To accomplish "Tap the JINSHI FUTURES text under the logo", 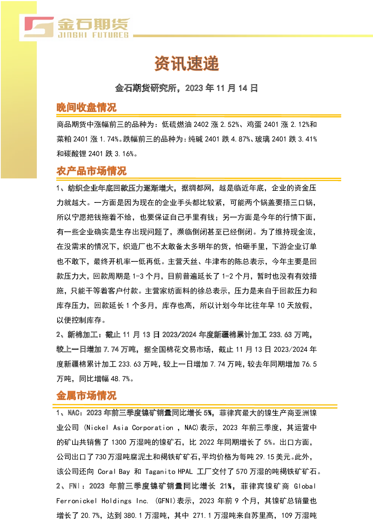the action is [93, 35].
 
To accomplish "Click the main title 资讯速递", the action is [186, 63].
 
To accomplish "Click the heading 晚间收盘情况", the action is [86, 107].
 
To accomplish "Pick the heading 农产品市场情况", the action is [91, 171].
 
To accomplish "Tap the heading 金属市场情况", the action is [86, 396].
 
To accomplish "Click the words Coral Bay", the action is [114, 472].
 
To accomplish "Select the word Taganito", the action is [160, 472].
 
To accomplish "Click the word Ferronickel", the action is [77, 501].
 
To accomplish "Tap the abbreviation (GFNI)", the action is [165, 501].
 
